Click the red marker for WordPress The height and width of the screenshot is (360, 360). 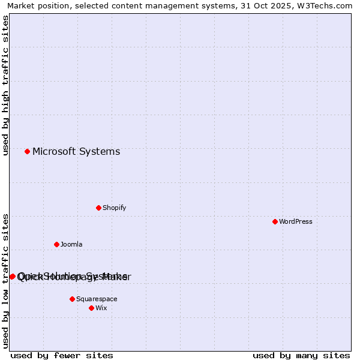click(275, 221)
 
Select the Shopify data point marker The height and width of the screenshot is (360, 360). click(98, 208)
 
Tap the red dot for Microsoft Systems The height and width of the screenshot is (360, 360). click(27, 151)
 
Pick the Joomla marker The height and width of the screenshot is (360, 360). click(56, 244)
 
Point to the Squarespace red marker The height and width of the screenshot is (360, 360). click(72, 299)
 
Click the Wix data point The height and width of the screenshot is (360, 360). click(91, 308)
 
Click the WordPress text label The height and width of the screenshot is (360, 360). click(296, 221)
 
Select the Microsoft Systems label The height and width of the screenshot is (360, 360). click(76, 151)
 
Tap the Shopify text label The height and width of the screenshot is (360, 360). click(114, 208)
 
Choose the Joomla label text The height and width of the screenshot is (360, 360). click(71, 244)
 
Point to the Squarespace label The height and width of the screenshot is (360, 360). click(97, 299)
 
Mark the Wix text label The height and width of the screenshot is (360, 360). click(101, 308)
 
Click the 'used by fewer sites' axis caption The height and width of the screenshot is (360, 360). click(62, 355)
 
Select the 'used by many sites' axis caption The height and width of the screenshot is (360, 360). click(301, 355)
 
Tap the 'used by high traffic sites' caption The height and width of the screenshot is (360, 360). click(5, 85)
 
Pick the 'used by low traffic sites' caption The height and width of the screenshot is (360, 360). click(5, 281)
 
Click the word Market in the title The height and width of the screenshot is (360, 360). click(21, 6)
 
